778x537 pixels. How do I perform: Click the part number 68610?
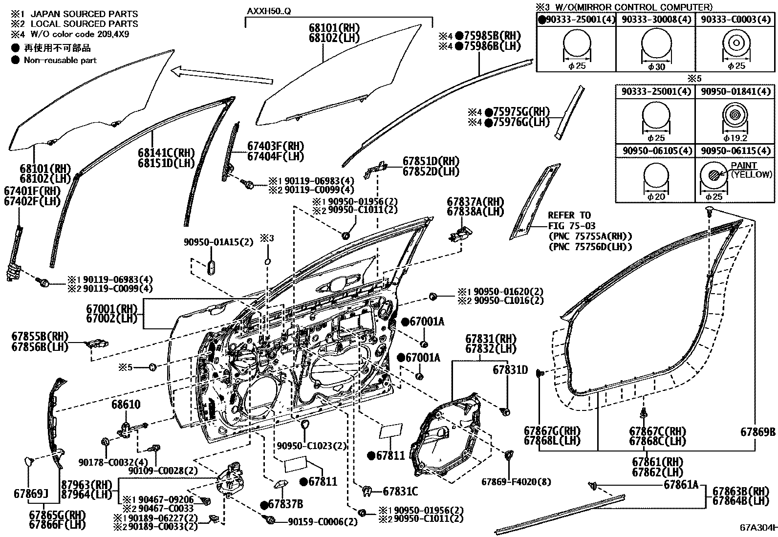click(x=126, y=405)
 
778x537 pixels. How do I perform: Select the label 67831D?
click(x=510, y=370)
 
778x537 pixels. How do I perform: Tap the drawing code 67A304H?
click(x=757, y=528)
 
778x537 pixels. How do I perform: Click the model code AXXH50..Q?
click(x=268, y=11)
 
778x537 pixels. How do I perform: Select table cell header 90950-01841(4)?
click(x=734, y=91)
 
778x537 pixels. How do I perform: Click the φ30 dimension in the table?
click(x=656, y=67)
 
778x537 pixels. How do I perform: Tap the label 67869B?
click(x=757, y=432)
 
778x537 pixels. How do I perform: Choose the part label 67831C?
click(x=400, y=491)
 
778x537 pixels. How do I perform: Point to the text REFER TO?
click(x=569, y=215)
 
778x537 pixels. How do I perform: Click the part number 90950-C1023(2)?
click(x=311, y=446)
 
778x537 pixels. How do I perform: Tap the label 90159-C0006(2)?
click(x=323, y=521)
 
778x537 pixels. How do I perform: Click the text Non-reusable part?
click(x=60, y=60)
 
